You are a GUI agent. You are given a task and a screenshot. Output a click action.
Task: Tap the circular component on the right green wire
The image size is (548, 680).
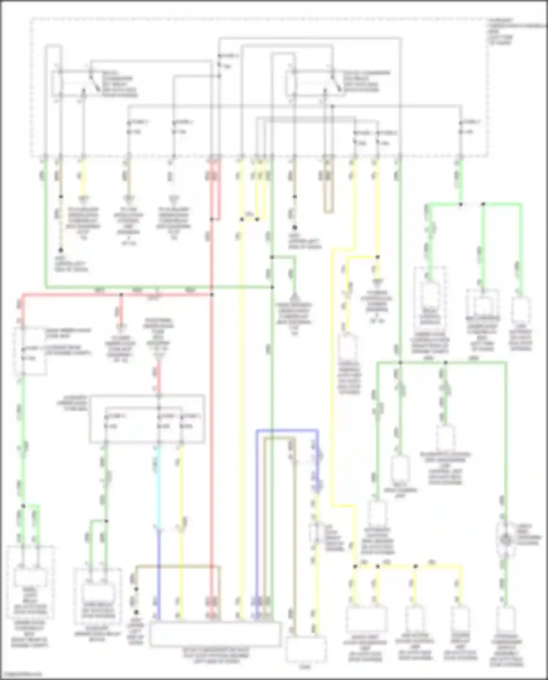point(506,539)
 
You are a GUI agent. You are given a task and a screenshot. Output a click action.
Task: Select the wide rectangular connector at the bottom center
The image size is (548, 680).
point(216,634)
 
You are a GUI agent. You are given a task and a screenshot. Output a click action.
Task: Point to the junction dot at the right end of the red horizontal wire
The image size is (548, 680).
point(212,294)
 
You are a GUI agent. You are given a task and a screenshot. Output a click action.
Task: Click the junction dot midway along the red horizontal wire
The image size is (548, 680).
point(121,294)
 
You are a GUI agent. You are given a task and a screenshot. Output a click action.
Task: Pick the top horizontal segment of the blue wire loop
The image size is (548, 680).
point(287,431)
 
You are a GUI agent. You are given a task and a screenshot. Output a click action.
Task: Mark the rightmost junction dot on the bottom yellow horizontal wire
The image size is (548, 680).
point(415,566)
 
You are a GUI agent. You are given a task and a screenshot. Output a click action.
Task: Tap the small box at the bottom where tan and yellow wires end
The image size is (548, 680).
point(306,650)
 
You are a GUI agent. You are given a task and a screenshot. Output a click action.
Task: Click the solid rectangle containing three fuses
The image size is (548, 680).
point(147,419)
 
